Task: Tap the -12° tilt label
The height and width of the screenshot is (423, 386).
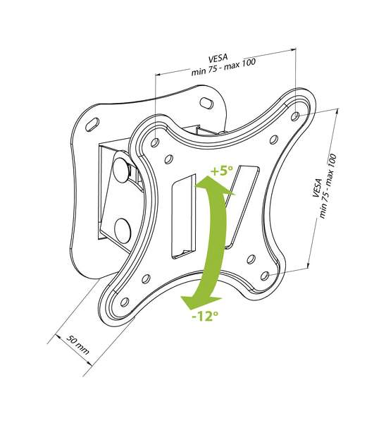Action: (x=204, y=315)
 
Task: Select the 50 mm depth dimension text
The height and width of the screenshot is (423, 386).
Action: (x=77, y=345)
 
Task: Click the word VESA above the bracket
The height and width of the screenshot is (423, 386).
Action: (x=218, y=58)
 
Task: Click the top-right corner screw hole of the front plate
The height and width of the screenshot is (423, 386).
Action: (x=295, y=116)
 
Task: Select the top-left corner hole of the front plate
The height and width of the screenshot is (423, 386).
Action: (x=155, y=142)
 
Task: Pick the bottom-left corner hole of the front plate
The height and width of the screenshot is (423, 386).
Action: (x=125, y=302)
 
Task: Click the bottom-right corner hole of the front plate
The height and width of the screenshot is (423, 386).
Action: (x=265, y=276)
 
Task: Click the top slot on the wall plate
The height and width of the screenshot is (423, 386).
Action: (x=206, y=103)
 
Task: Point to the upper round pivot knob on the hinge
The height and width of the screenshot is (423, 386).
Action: (x=121, y=169)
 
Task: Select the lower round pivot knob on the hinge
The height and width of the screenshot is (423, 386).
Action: (x=123, y=231)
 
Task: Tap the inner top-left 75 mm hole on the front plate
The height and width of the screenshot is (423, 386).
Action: (x=168, y=159)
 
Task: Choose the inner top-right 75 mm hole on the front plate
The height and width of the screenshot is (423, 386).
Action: (x=273, y=139)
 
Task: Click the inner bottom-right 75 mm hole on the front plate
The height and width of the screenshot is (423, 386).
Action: (x=251, y=259)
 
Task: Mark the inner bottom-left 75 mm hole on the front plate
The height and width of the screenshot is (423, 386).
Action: (x=146, y=278)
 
